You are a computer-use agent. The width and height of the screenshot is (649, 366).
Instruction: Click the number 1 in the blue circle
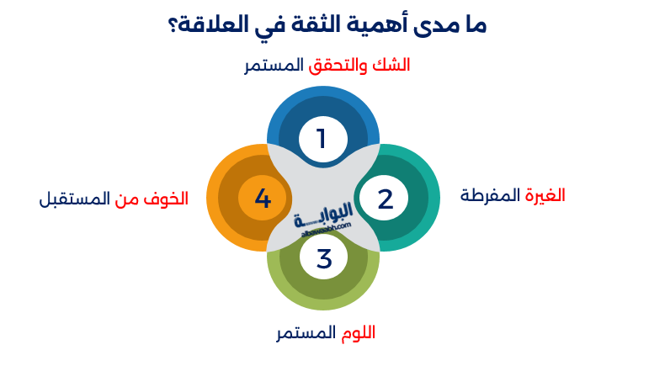click(x=321, y=138)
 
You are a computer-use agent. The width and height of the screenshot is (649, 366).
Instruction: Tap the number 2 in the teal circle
click(x=385, y=199)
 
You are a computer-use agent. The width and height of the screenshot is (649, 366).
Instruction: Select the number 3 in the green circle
click(x=324, y=259)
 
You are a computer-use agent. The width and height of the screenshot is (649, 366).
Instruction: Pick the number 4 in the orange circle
click(x=263, y=199)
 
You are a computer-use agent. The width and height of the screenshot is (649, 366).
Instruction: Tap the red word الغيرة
click(x=545, y=195)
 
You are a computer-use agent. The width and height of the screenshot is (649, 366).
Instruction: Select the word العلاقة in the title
click(x=220, y=24)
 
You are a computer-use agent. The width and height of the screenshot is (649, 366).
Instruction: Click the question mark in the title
click(x=173, y=24)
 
